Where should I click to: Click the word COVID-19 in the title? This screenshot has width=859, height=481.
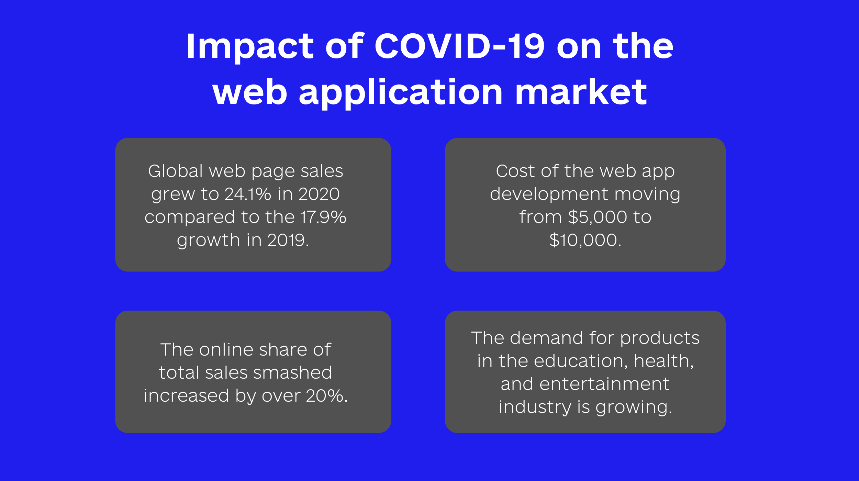coord(460,46)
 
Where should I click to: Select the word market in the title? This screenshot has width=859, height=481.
coord(581,92)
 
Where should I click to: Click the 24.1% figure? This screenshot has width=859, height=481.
coord(248,194)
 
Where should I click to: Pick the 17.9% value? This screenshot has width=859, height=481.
coord(323,217)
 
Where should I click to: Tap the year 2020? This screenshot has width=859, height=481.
coord(319,194)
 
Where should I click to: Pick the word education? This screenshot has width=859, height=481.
coord(580,361)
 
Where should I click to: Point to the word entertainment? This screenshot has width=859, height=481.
coord(604,384)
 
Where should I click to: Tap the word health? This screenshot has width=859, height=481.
coord(663,361)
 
